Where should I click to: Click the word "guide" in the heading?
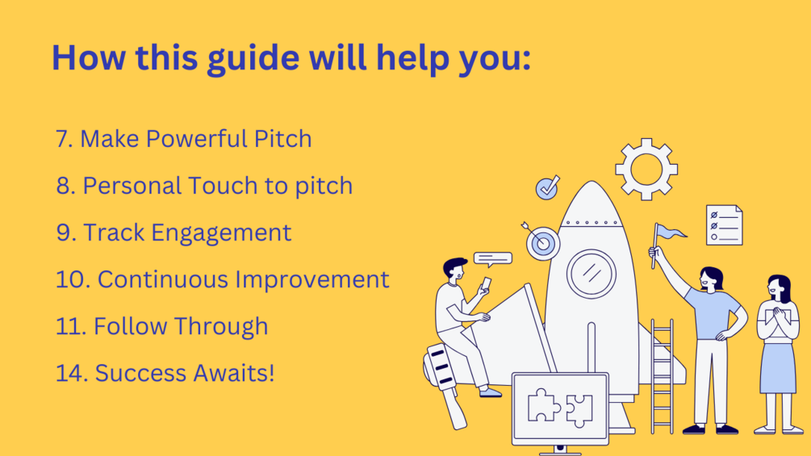[x=253, y=59]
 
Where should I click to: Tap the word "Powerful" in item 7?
[x=197, y=139]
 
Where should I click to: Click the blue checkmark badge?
[x=547, y=188]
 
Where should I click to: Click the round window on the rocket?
[x=592, y=274]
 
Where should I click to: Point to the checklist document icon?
[x=724, y=225]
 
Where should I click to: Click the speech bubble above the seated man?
[x=492, y=259]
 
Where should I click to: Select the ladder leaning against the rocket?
[x=662, y=376]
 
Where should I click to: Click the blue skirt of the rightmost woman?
[x=778, y=368]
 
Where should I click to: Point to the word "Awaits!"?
[x=233, y=374]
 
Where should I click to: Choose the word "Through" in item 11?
[x=221, y=327]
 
